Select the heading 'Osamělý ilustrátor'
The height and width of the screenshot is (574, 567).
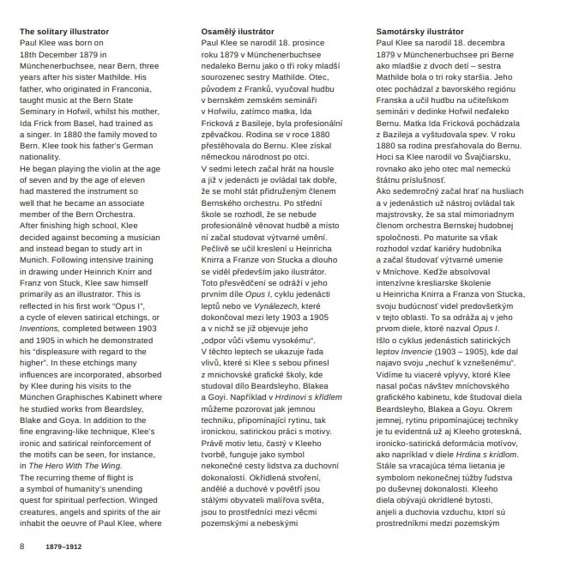pos(235,33)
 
